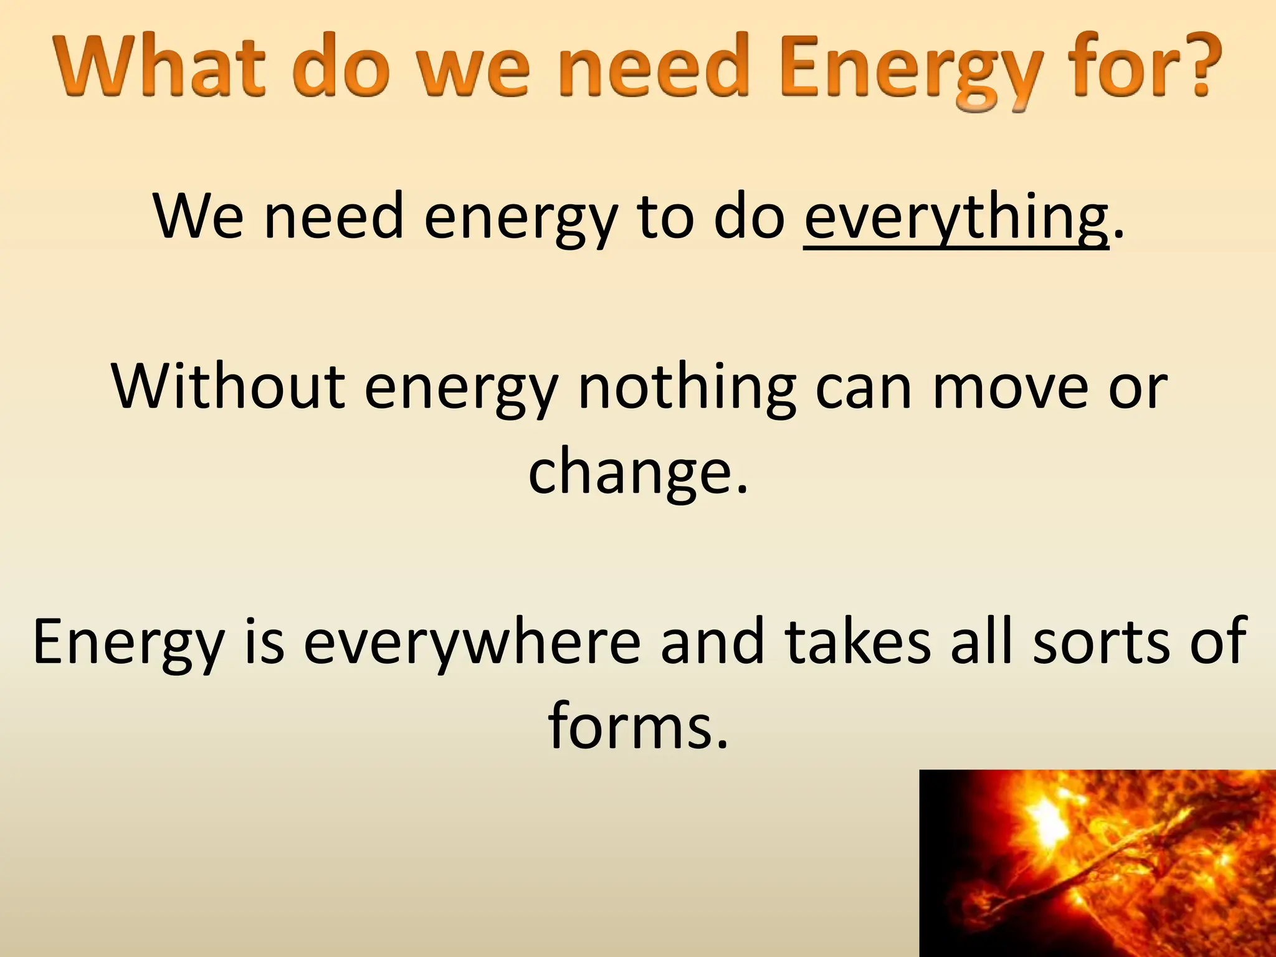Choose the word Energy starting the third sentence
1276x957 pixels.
point(128,645)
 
